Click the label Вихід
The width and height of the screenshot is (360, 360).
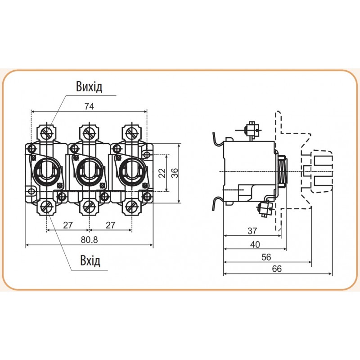coord(89,87)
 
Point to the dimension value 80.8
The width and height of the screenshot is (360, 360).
coord(89,239)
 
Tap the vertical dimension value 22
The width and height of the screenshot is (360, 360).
coord(162,172)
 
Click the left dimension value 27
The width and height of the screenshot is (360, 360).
coord(68,225)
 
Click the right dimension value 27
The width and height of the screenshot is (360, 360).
coord(110,225)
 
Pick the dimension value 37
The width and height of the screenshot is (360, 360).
coord(252,231)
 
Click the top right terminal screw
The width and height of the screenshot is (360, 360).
coord(131,133)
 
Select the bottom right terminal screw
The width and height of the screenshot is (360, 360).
coord(131,207)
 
